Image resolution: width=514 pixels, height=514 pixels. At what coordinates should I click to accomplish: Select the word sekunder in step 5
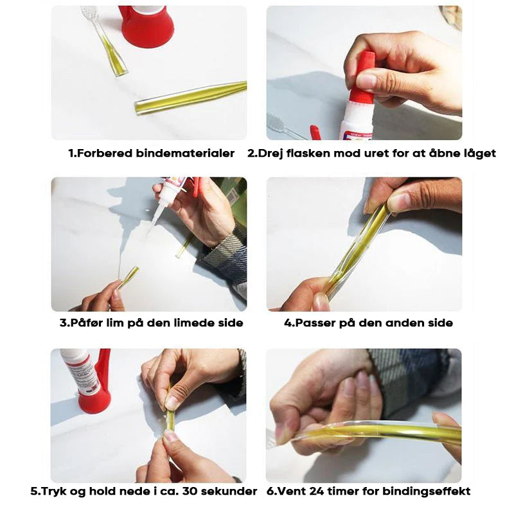pos(229,491)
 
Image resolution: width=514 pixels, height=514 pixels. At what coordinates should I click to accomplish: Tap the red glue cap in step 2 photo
pos(361,77)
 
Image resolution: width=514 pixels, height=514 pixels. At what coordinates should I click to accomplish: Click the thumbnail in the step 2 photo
pos(366,80)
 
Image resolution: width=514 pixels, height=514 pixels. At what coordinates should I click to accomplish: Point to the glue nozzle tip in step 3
pos(151,228)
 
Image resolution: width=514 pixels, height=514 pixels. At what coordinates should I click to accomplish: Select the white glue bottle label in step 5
pos(82,372)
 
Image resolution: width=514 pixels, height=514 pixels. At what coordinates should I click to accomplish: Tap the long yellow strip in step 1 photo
pos(191,98)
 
